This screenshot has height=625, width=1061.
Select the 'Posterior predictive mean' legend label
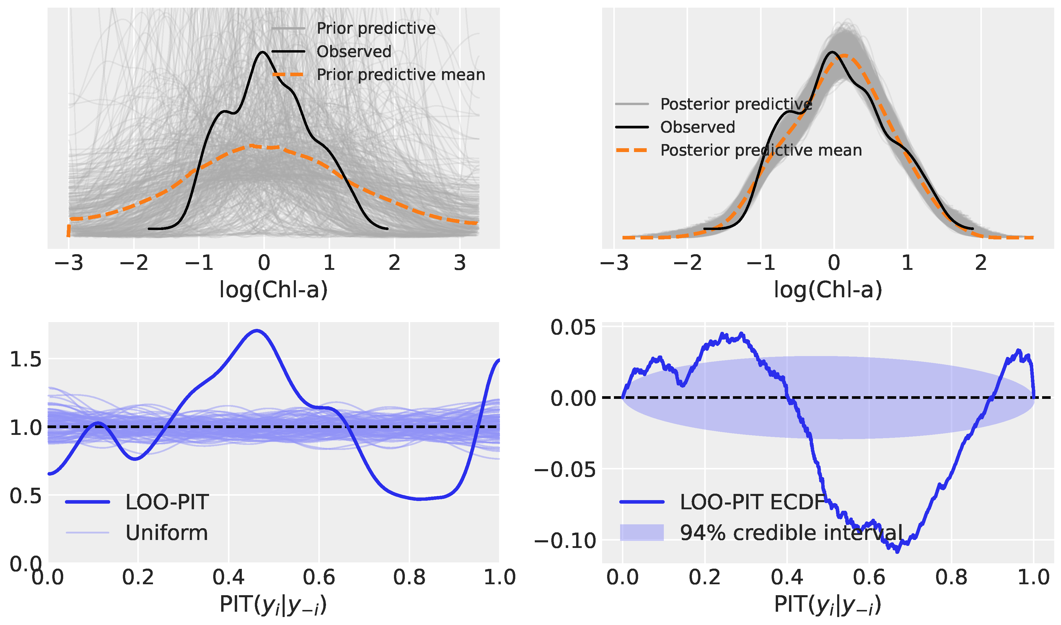point(761,150)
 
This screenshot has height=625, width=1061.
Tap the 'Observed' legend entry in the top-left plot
point(354,51)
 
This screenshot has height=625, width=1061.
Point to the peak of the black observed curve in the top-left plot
point(263,52)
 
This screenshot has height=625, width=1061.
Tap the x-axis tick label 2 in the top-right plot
point(981,263)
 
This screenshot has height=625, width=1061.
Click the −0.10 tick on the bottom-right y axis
point(565,540)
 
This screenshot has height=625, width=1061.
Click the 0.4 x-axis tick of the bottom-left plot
point(228,577)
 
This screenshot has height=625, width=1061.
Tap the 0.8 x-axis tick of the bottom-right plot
point(951,577)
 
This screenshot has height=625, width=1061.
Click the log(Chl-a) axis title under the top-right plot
point(828,290)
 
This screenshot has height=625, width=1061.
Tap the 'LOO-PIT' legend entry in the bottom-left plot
point(167,502)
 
